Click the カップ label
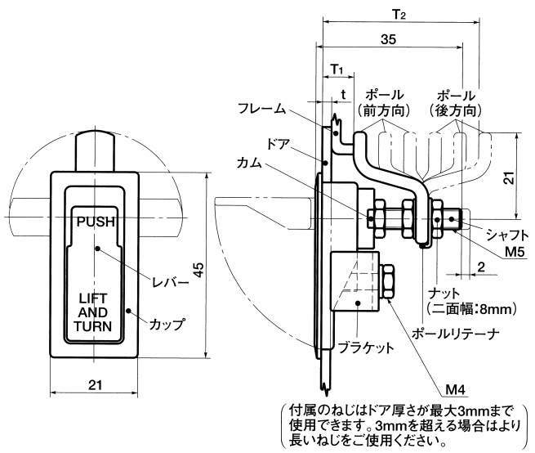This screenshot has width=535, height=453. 166,325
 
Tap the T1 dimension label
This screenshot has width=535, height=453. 337,69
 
